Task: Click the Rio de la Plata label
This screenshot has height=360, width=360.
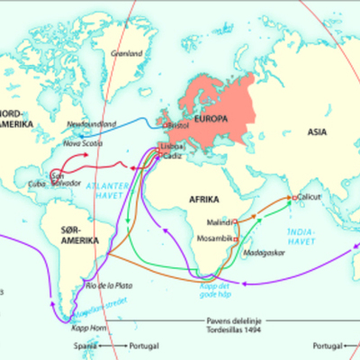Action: tap(108, 284)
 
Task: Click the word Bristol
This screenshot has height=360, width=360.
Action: tap(177, 124)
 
